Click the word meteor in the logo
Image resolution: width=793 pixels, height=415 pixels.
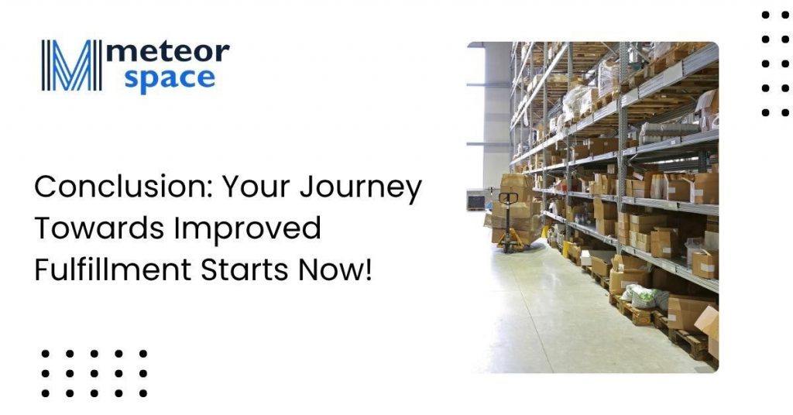pyautogui.click(x=167, y=52)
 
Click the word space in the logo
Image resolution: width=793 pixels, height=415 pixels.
pyautogui.click(x=170, y=80)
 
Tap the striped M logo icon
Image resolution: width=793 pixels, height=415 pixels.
pyautogui.click(x=71, y=65)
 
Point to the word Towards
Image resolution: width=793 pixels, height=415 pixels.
pyautogui.click(x=100, y=228)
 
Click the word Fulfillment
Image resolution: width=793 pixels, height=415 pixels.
pyautogui.click(x=113, y=269)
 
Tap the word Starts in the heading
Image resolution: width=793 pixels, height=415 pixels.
pyautogui.click(x=245, y=270)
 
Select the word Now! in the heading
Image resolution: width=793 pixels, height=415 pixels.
pyautogui.click(x=335, y=270)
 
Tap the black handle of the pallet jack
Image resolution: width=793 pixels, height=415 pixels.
pyautogui.click(x=508, y=199)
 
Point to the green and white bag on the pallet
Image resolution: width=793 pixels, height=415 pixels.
pyautogui.click(x=640, y=297)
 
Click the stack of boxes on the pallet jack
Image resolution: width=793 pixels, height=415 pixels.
pyautogui.click(x=513, y=208)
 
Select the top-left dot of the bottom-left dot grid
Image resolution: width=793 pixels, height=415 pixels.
pyautogui.click(x=46, y=354)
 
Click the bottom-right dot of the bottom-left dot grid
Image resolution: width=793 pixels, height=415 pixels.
pyautogui.click(x=143, y=393)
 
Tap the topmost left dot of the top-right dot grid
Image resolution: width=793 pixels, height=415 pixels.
pyautogui.click(x=766, y=15)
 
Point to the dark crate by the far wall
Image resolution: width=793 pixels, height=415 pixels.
pyautogui.click(x=476, y=201)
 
